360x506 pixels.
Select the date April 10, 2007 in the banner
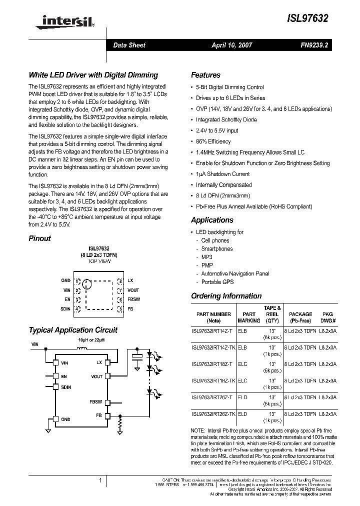[232, 45]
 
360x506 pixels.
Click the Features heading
[205, 75]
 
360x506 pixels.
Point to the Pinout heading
[39, 238]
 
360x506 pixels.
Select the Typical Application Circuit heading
[73, 330]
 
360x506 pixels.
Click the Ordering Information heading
[226, 296]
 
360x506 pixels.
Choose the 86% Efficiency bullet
[213, 141]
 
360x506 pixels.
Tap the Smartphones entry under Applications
[216, 248]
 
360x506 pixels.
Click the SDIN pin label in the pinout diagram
[65, 309]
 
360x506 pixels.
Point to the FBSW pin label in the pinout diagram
[133, 299]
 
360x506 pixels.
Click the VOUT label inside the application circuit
[96, 376]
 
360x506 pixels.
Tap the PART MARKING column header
[248, 317]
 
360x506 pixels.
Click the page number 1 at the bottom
[100, 481]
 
